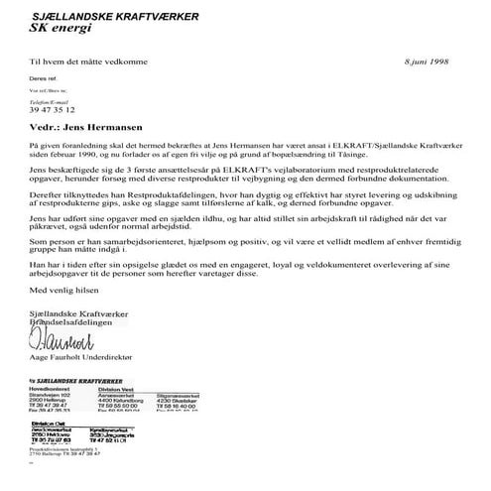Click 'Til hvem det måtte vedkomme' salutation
tap(83, 61)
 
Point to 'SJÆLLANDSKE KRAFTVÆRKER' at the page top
tap(114, 16)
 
